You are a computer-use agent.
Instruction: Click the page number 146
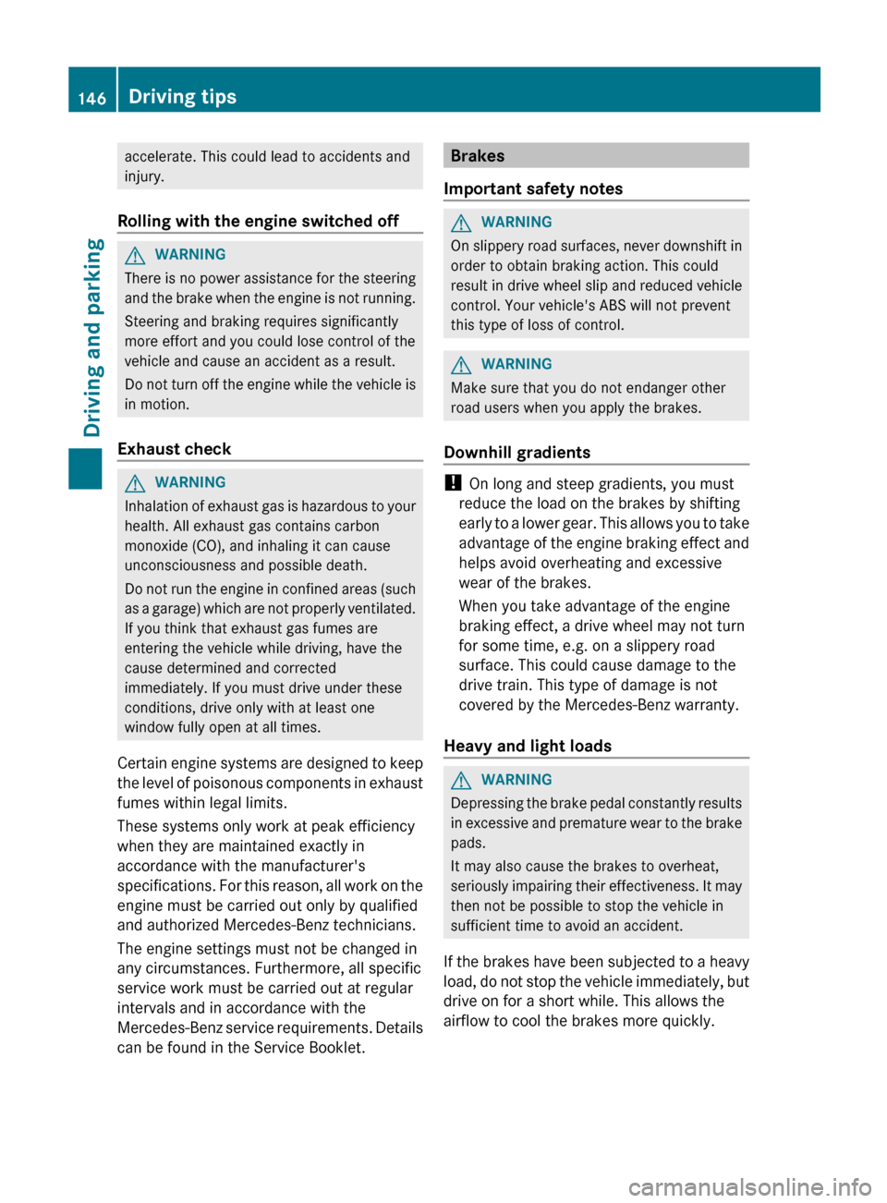[92, 98]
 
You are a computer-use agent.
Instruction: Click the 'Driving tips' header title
[182, 96]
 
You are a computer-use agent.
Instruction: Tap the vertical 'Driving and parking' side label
[92, 336]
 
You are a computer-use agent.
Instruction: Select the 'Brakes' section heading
[478, 155]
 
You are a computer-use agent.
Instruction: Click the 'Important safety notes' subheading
[533, 188]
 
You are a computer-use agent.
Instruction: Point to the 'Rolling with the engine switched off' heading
[258, 221]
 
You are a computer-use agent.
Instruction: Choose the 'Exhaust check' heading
[175, 449]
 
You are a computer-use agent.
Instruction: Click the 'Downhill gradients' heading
[516, 452]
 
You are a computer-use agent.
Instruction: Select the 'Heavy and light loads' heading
[528, 746]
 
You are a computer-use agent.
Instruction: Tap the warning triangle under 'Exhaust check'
[135, 483]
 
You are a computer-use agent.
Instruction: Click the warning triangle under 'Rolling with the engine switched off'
[135, 255]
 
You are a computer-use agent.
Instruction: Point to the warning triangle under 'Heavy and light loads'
[461, 781]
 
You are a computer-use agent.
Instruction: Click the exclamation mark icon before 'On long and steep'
[452, 482]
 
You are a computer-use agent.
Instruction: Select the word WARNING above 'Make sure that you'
[516, 364]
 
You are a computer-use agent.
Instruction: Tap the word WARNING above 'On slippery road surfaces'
[516, 222]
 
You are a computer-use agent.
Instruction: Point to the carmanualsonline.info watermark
[749, 1186]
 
